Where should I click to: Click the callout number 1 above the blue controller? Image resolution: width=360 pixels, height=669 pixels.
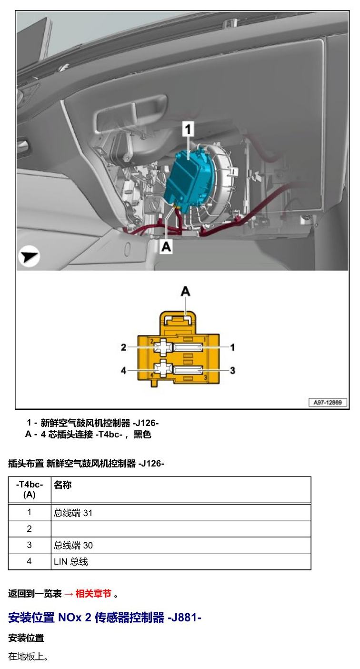[188, 129]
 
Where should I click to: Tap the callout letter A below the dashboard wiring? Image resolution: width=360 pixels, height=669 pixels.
[166, 247]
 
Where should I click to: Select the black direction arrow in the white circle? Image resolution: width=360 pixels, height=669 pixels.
[29, 256]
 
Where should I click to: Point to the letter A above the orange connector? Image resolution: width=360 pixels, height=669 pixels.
[185, 291]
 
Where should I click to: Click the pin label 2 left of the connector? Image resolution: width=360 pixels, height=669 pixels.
[124, 347]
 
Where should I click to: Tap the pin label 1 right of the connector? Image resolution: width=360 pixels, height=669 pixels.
[232, 347]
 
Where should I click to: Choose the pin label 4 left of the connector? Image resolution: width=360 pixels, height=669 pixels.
[124, 370]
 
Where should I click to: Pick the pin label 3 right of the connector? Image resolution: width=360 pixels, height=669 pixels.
[232, 370]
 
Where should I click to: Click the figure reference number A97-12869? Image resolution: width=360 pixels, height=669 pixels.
[328, 402]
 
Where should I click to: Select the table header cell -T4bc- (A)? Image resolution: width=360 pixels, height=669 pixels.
[30, 489]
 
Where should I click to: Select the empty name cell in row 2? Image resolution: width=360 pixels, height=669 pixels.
[181, 529]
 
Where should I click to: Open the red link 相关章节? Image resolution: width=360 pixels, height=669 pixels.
[93, 593]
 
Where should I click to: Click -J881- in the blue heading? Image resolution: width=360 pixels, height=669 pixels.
[185, 617]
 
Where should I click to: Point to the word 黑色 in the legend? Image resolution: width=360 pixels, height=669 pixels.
[142, 434]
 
